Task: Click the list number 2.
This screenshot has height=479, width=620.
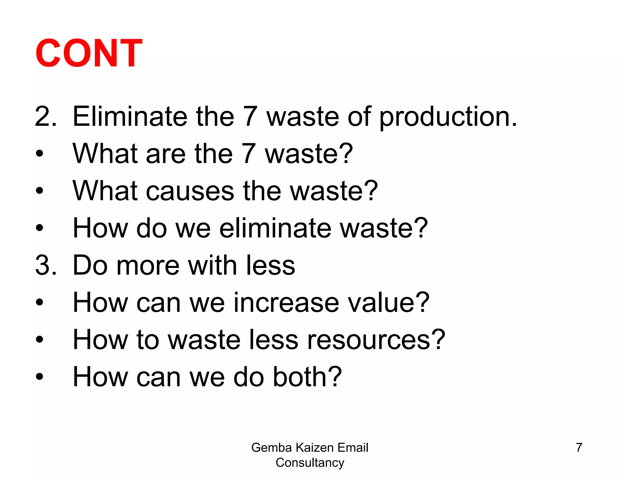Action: coord(43,117)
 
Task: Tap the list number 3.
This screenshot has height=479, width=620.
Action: coord(43,266)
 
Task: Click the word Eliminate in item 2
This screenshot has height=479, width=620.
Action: coord(130,117)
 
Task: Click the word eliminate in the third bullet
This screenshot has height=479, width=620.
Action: coord(275,228)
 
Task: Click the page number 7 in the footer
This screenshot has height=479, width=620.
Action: coord(579,448)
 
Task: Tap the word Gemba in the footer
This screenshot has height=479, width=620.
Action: coord(271,448)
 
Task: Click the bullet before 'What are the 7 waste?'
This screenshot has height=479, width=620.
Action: coord(39,154)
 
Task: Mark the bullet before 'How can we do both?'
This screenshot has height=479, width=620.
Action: coord(39,377)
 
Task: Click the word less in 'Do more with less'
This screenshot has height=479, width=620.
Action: coord(270,266)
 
